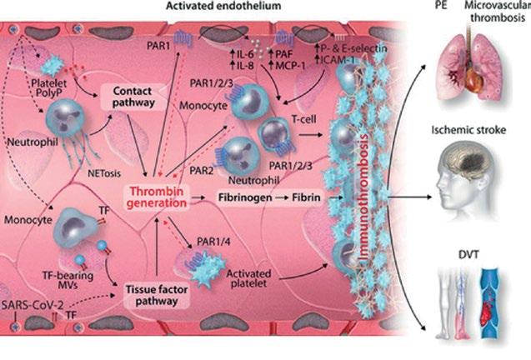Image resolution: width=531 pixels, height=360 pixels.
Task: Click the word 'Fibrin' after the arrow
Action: (x=308, y=201)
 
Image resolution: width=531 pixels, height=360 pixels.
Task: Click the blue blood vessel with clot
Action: (x=492, y=312)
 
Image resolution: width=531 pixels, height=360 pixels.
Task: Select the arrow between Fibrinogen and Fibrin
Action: (x=281, y=201)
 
